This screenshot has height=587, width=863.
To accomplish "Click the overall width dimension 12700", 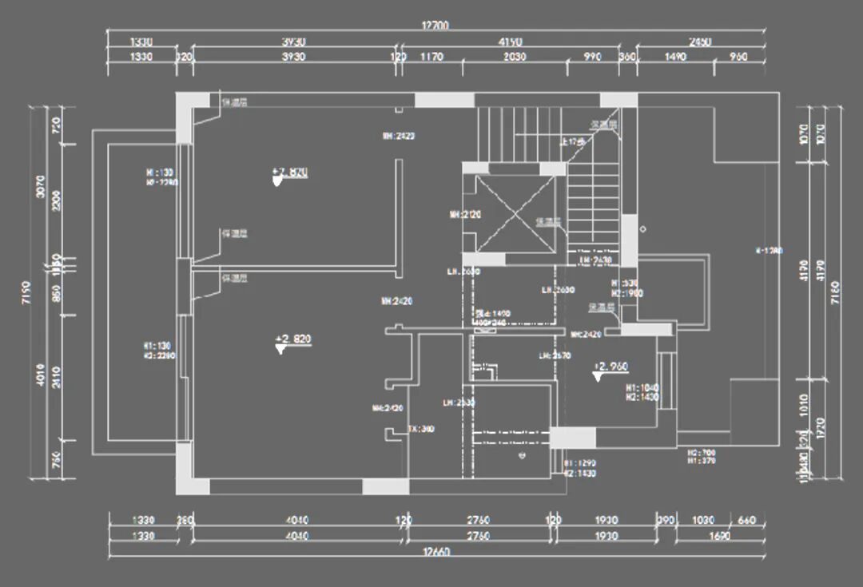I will [x=435, y=26].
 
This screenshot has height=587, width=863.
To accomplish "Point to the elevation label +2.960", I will [x=611, y=367].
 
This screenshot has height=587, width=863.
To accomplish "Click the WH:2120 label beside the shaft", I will [x=464, y=214].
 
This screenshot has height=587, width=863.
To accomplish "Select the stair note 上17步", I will [x=575, y=141].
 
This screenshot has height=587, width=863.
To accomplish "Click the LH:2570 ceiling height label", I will [x=554, y=355].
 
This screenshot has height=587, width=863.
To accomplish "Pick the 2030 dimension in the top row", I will [x=515, y=57].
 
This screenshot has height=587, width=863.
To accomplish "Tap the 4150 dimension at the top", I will [x=509, y=42].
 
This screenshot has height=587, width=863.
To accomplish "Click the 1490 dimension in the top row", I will [x=674, y=57].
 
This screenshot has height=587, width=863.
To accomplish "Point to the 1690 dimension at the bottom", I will [x=719, y=536].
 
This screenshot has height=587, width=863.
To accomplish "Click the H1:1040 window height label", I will [x=642, y=387].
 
